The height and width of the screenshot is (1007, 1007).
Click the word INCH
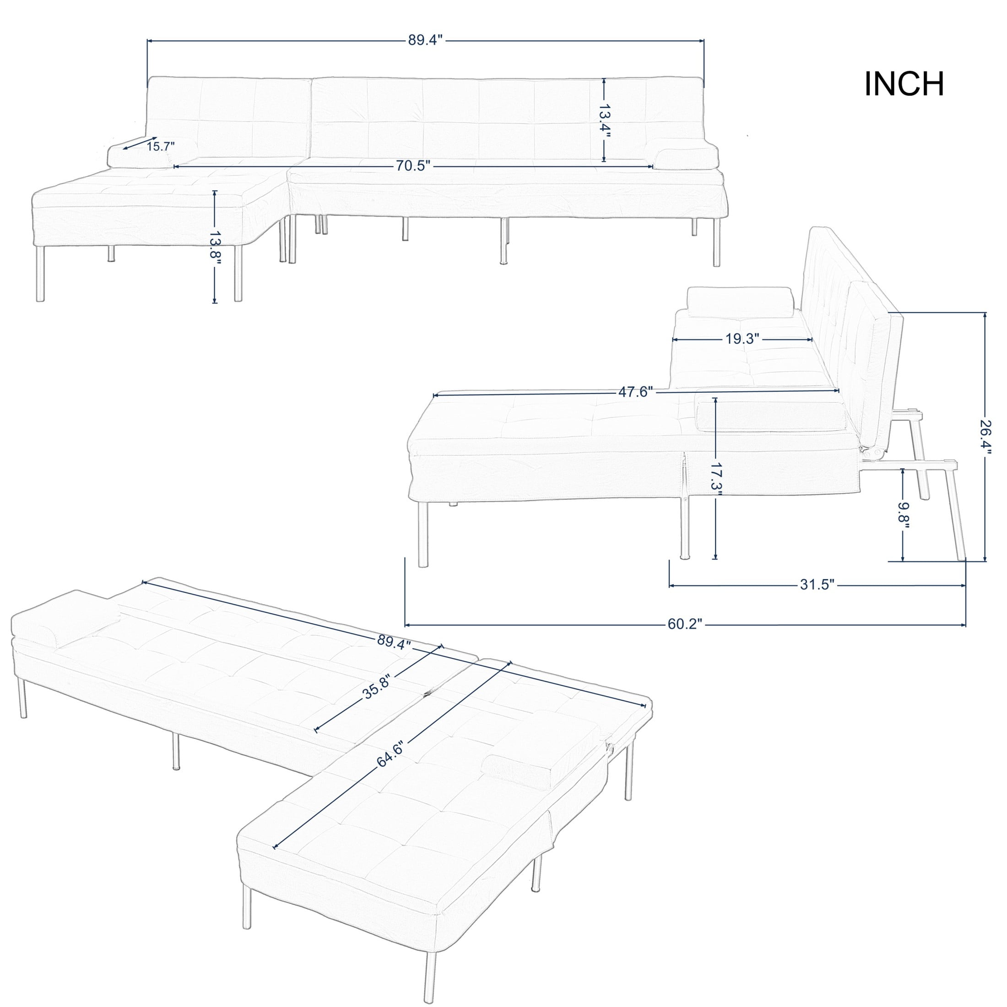pyautogui.click(x=904, y=84)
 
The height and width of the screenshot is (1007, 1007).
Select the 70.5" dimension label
pyautogui.click(x=412, y=166)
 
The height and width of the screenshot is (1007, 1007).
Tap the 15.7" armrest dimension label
pyautogui.click(x=161, y=146)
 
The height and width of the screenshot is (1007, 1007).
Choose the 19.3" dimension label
pyautogui.click(x=742, y=339)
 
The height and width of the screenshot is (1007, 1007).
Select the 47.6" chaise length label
pyautogui.click(x=635, y=392)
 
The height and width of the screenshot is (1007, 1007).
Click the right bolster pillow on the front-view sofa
pyautogui.click(x=686, y=158)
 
